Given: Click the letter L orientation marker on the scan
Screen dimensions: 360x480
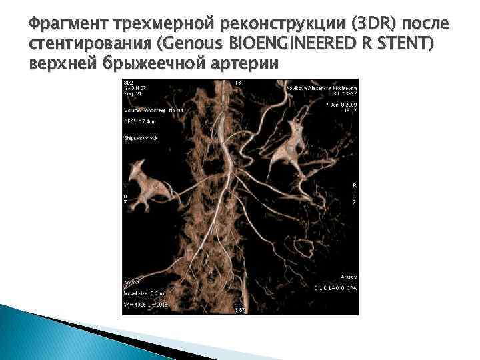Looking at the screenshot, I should (x=125, y=185).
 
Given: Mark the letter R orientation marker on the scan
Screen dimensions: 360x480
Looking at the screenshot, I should (x=354, y=185).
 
